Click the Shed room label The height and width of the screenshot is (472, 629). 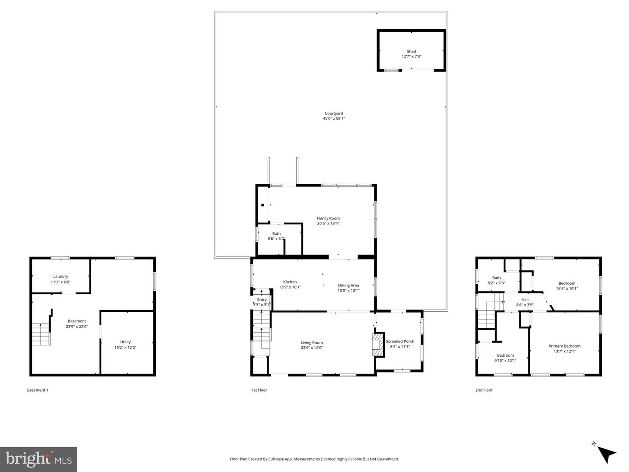411,52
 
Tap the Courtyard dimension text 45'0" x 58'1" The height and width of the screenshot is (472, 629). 334,119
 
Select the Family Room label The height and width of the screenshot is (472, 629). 328,218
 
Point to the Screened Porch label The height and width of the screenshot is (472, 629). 400,341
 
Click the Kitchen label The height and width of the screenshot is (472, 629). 290,282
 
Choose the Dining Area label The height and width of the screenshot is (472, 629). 348,286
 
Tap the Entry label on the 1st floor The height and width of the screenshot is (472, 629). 262,300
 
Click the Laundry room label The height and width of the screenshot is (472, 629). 61,276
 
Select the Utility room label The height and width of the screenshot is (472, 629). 125,342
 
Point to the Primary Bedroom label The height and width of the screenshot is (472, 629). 564,346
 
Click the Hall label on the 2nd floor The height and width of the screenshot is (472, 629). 525,300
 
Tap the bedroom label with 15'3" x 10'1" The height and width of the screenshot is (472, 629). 567,283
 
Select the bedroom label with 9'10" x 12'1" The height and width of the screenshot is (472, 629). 505,355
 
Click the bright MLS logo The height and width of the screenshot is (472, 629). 38,459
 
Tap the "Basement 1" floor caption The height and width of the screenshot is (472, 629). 38,390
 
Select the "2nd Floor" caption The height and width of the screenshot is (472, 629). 484,390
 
